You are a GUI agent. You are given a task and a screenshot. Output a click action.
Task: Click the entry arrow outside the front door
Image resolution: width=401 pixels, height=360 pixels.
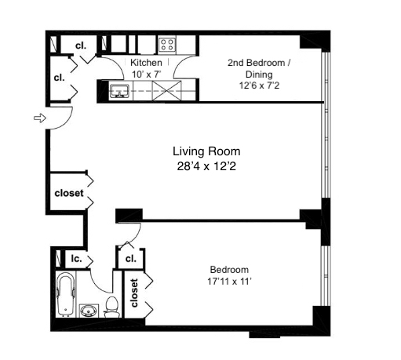pyautogui.click(x=37, y=118)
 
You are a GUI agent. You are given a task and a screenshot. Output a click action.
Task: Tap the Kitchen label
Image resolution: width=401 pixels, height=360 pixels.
pyautogui.click(x=147, y=63)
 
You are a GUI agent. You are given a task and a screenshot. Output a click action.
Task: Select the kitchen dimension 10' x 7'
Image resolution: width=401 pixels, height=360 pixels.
pyautogui.click(x=147, y=73)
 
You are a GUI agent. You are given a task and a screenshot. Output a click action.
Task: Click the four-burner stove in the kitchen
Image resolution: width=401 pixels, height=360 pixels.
pyautogui.click(x=166, y=43)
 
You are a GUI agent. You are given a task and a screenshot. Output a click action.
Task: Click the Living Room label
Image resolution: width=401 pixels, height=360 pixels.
pyautogui.click(x=206, y=151)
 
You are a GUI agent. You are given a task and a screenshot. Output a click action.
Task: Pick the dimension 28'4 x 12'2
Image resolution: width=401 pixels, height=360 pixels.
pyautogui.click(x=206, y=165)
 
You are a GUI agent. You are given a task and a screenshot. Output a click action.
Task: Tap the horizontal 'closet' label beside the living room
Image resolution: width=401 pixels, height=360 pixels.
pyautogui.click(x=69, y=193)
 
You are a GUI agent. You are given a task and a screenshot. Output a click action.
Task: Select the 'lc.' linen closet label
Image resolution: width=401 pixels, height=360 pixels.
pyautogui.click(x=78, y=258)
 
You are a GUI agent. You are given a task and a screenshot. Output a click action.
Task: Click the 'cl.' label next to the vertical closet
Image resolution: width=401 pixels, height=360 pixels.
pyautogui.click(x=130, y=258)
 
